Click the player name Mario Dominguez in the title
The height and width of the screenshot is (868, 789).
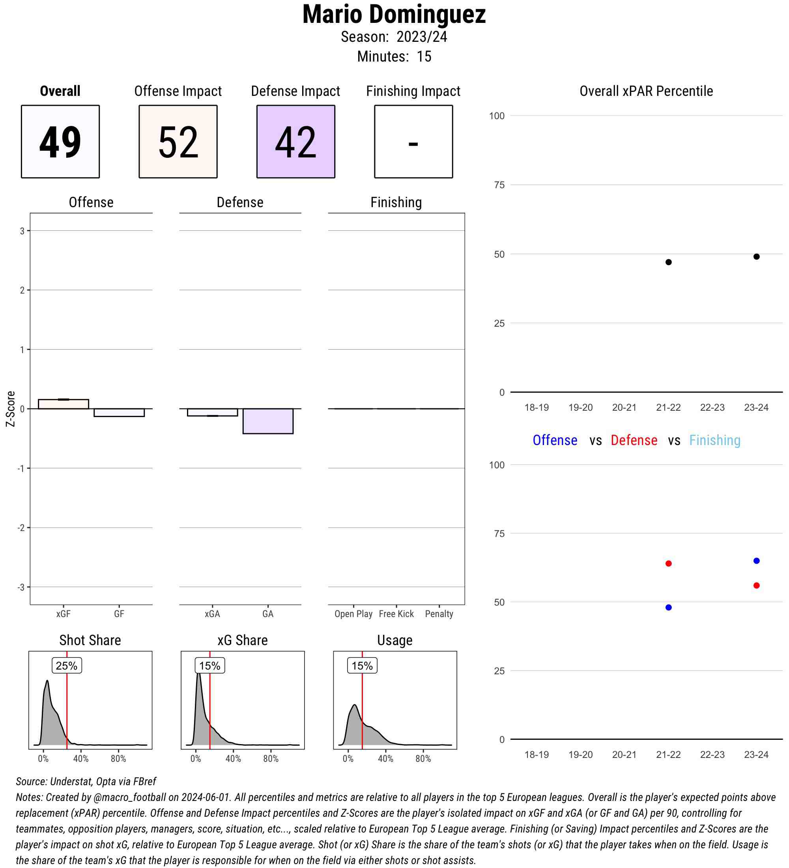click(x=394, y=15)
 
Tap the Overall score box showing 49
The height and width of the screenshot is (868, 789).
click(x=60, y=141)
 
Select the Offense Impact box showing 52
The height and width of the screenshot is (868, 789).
click(x=178, y=141)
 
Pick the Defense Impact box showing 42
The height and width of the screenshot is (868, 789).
click(x=296, y=141)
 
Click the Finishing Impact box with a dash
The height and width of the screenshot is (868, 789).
click(x=413, y=141)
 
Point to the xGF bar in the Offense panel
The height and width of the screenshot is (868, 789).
click(x=63, y=404)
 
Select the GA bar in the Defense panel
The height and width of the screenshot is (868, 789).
click(x=268, y=421)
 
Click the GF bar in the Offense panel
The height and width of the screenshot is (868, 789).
click(x=119, y=412)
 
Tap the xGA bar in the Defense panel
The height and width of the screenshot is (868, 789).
click(x=212, y=412)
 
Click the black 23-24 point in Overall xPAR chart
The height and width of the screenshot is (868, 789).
click(x=756, y=256)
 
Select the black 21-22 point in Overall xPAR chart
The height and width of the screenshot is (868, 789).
click(x=668, y=262)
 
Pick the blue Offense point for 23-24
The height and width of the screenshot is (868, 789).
click(x=756, y=561)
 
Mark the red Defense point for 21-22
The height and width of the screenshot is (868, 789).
click(x=668, y=563)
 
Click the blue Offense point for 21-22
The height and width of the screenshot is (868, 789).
click(x=668, y=608)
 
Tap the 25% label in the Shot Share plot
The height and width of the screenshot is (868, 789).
click(x=67, y=666)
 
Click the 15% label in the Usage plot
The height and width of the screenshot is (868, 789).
click(x=362, y=666)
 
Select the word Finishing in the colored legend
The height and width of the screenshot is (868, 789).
click(x=714, y=440)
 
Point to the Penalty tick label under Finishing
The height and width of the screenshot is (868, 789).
click(x=439, y=614)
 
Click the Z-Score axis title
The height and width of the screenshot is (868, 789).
click(x=10, y=409)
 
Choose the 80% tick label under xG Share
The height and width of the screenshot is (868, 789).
click(x=271, y=759)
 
